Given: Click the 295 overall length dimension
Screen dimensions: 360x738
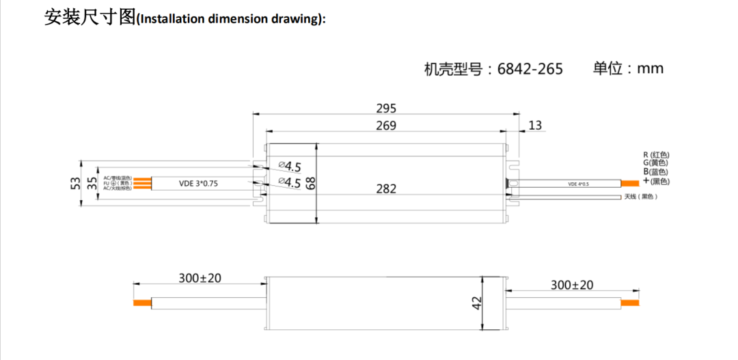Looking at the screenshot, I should pos(386,108).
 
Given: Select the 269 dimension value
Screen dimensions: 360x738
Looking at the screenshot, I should pos(386,125).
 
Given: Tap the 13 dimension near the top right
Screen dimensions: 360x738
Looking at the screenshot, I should pos(535,125).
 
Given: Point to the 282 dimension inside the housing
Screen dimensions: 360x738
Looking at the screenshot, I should pos(386,189).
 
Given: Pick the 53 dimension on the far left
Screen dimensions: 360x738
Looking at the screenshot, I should pos(76,183).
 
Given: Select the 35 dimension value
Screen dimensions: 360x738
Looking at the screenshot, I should pos(92,183).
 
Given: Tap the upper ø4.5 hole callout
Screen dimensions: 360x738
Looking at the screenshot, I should pos(290,166).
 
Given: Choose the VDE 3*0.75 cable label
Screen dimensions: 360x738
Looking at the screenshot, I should pos(198,183).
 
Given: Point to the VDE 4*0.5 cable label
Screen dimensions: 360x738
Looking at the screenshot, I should pos(578,184).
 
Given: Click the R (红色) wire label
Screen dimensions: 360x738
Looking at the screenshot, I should pos(655,155).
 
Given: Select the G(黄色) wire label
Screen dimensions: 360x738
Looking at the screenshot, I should pos(655,163).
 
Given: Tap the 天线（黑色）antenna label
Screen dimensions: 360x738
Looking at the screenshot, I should pos(640,197).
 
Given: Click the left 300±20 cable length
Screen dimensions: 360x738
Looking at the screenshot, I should pos(200,278).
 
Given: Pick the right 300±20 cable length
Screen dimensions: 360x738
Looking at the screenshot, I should pos(572,285).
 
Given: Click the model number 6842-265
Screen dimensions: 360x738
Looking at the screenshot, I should pos(530,69).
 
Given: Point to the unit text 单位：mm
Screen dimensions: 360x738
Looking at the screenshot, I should pos(628,68).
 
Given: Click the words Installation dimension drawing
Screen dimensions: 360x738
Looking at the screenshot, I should pos(231,19).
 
